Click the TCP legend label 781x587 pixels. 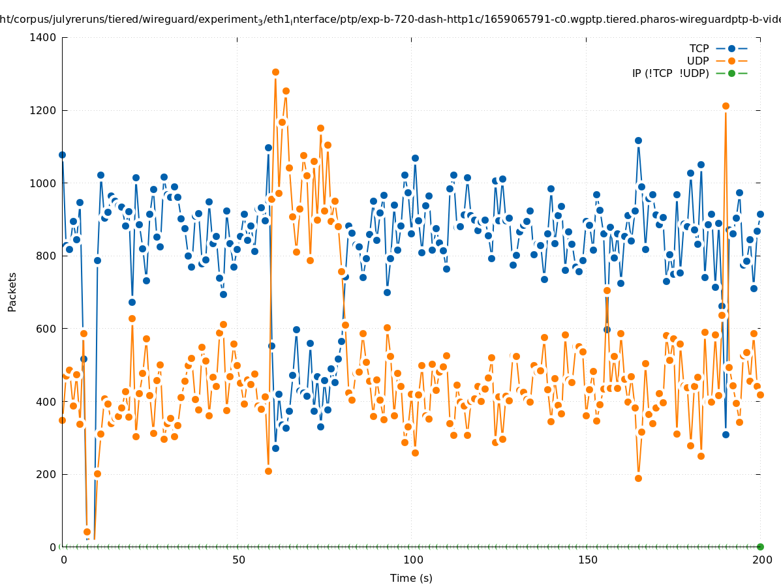[x=699, y=48]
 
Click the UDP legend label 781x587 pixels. [x=698, y=61]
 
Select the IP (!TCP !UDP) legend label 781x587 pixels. [x=671, y=73]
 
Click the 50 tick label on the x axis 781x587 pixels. [x=239, y=560]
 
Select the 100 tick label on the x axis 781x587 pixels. [x=412, y=560]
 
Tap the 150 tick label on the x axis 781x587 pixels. [x=587, y=560]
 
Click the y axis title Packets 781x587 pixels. [x=12, y=292]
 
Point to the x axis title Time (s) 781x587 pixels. [x=411, y=578]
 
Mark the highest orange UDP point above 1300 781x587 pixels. [x=275, y=72]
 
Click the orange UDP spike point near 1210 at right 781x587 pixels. [x=726, y=106]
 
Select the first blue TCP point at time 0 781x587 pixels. [x=62, y=155]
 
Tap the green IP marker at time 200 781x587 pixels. [x=760, y=547]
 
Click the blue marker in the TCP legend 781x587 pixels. [x=731, y=48]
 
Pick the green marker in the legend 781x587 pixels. [x=731, y=73]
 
